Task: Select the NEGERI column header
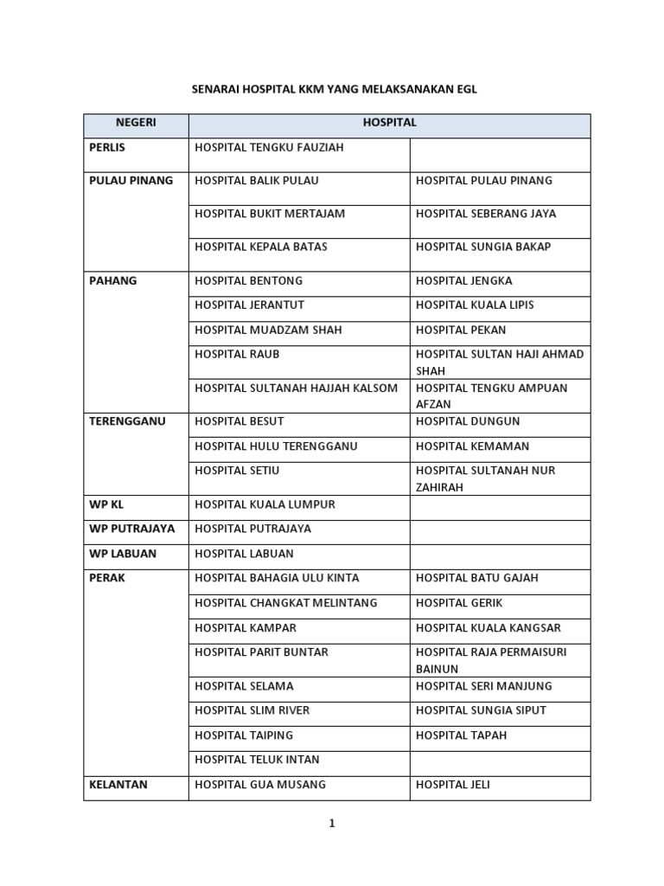tap(136, 124)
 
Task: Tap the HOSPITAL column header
tap(389, 124)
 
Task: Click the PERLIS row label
tap(107, 148)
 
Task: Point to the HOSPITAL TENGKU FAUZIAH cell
tap(269, 148)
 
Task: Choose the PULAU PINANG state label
tap(131, 181)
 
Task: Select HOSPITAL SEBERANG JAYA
tap(486, 214)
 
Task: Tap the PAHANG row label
tap(113, 281)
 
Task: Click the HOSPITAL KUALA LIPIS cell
tap(475, 305)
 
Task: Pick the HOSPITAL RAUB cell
tap(237, 355)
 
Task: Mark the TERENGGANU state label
tap(127, 422)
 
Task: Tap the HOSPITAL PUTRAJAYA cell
tap(252, 529)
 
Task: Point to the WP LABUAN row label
tap(123, 554)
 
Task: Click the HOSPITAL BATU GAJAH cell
tap(474, 578)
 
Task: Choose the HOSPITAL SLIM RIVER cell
tap(252, 710)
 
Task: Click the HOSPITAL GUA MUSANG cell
tap(260, 786)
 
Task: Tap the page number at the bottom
tap(331, 824)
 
